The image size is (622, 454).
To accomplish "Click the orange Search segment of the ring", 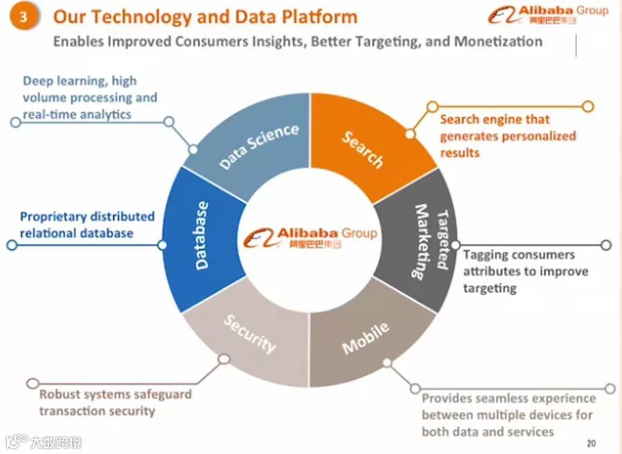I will [363, 146].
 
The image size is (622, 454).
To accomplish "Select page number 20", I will [591, 443].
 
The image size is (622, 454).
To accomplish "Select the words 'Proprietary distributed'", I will [87, 217].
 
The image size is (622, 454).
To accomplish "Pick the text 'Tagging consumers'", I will [518, 254].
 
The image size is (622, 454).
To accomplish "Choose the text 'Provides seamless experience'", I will [508, 399].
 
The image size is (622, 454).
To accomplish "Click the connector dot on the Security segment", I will [223, 359].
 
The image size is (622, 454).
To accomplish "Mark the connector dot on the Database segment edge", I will [162, 245].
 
